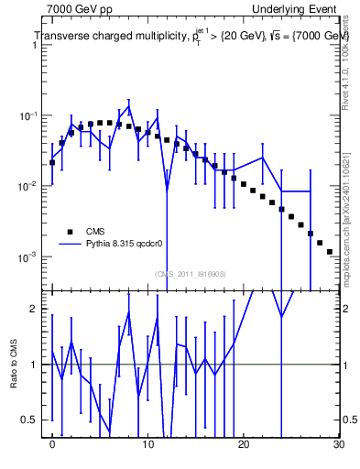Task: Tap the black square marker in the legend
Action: coord(70,232)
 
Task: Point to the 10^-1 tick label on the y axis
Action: coord(30,116)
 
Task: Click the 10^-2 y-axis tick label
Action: coord(30,186)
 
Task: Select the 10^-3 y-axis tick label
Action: coord(30,256)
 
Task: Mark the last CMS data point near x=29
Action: coord(329,251)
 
